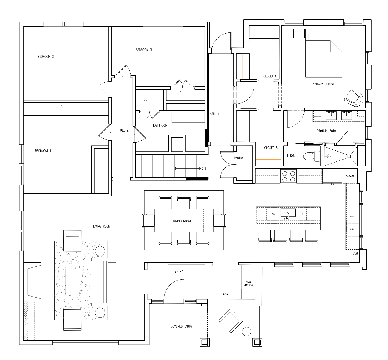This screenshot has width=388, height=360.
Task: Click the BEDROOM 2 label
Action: point(46,57)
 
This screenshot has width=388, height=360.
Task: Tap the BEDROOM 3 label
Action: point(144,50)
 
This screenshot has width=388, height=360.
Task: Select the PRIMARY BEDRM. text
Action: point(323,84)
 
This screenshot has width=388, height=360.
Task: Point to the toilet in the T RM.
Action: point(312,156)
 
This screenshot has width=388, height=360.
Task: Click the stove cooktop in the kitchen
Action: point(288,176)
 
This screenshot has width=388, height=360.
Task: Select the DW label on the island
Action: point(273,214)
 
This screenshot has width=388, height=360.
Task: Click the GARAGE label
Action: point(350,176)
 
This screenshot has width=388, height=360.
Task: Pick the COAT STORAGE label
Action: point(248,284)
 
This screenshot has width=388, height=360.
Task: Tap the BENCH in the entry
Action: point(227,294)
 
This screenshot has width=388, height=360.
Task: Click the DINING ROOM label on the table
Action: point(182,221)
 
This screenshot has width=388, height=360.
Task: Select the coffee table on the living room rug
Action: point(72,282)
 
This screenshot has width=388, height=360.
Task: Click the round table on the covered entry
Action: point(247,331)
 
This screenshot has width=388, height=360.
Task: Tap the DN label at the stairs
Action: point(204,169)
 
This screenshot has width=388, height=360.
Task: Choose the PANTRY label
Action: point(239,158)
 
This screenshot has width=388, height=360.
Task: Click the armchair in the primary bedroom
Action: point(354,97)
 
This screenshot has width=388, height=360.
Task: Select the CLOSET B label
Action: point(271,148)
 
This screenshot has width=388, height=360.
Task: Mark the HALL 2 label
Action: point(124,130)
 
